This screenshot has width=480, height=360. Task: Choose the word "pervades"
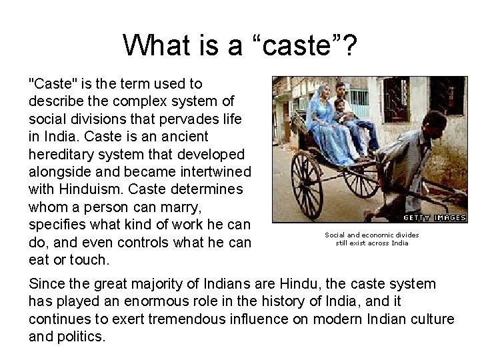point(187,119)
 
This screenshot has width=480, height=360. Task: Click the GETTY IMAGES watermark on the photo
point(434,217)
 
